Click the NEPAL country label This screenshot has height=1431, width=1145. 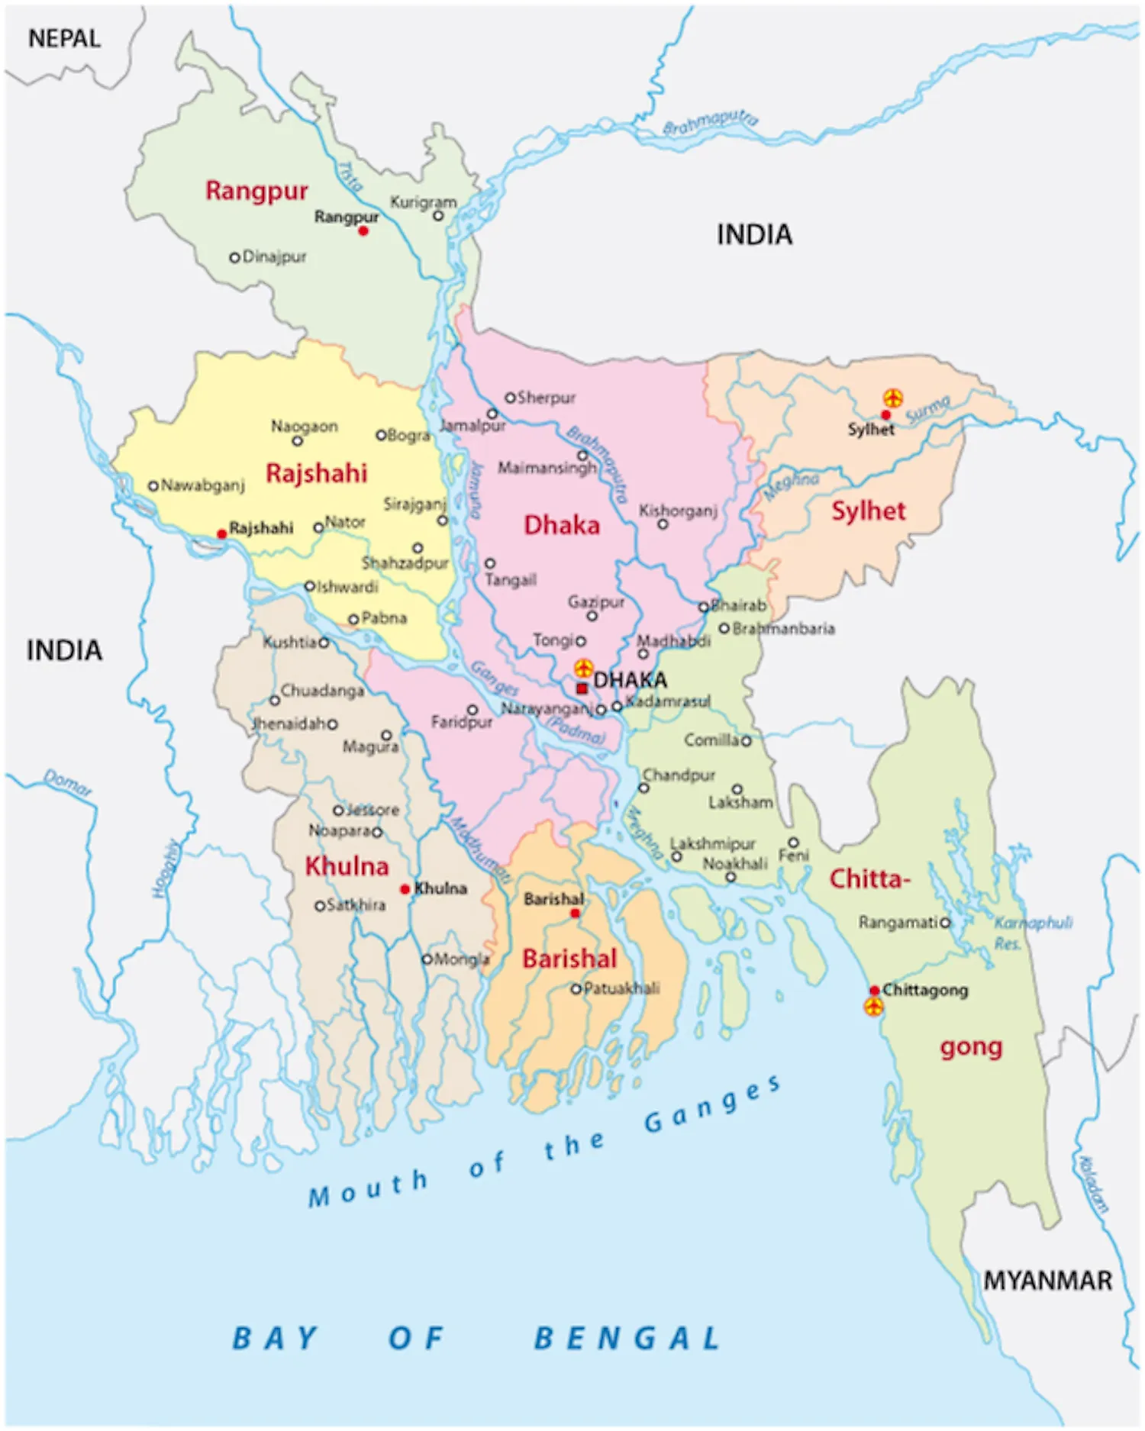pos(64,38)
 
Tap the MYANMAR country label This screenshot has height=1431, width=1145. pos(1047,1281)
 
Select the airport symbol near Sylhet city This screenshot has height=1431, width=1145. pos(893,398)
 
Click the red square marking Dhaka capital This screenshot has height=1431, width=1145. pos(582,688)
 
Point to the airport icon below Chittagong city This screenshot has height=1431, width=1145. pos(873,1007)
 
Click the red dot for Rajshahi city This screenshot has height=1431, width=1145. pos(221,533)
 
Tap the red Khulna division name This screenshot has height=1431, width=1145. pos(347,866)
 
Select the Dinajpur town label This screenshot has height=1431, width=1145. pos(274,256)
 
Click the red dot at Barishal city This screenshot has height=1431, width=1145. pos(575,913)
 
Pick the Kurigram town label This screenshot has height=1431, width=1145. pos(423,202)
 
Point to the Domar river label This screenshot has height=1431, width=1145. pos(67,782)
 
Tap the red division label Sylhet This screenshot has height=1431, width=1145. pos(868,511)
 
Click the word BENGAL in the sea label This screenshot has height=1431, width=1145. pos(627,1339)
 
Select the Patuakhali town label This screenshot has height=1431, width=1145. pos(621,988)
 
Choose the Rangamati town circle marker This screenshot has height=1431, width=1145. pos(945,923)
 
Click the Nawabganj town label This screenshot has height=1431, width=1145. pos(202,485)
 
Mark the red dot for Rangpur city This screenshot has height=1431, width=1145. pos(363,230)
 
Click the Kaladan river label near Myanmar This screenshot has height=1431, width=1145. pos(1092,1184)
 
